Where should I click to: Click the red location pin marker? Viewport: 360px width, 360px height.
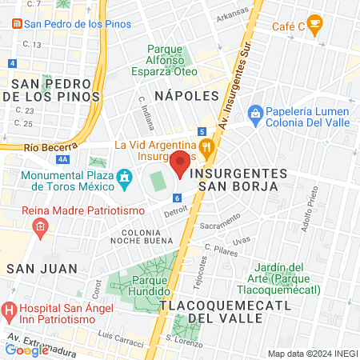coord(180,163)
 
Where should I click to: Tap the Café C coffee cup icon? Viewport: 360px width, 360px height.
coord(315,22)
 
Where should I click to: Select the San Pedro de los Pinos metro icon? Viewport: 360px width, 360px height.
coord(17,23)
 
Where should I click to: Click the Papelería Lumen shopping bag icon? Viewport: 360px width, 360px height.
coord(255,113)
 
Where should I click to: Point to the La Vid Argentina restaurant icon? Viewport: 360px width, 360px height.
coord(206,146)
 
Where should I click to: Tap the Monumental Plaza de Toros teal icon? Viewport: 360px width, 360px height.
coord(124,176)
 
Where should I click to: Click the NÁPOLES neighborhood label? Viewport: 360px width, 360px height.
coord(186,95)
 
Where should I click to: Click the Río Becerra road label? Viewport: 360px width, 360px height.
coord(50,146)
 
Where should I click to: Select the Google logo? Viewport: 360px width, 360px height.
coord(26,350)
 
